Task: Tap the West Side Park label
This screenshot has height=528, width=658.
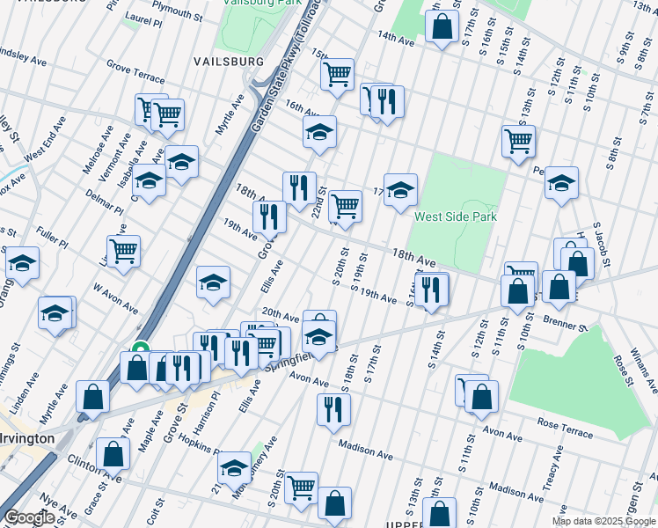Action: click(x=456, y=216)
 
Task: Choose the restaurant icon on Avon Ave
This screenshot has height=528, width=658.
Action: click(x=333, y=408)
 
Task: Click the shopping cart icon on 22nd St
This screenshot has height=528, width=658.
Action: click(x=346, y=206)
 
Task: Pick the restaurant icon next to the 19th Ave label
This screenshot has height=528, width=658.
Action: click(x=269, y=216)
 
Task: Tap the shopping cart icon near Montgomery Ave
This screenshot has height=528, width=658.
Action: click(x=301, y=486)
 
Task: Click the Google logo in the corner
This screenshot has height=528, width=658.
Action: click(x=30, y=517)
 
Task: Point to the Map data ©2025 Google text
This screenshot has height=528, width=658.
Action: click(x=603, y=521)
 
